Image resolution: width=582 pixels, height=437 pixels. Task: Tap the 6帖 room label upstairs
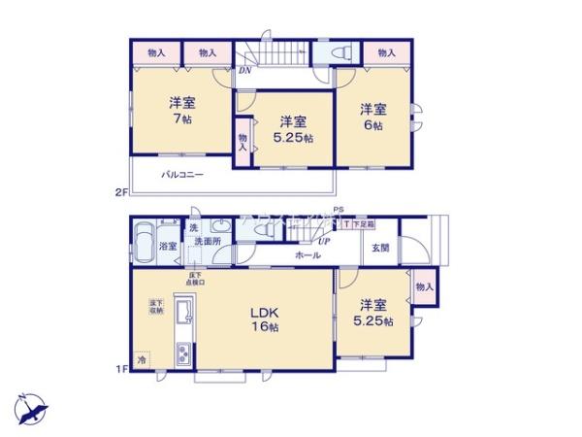(375, 117)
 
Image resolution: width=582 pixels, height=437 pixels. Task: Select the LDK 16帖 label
(266, 321)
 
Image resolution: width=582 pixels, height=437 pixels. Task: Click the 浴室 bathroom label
(168, 247)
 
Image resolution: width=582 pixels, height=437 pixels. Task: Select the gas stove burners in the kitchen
(183, 355)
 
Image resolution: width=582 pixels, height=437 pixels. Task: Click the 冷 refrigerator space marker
(142, 360)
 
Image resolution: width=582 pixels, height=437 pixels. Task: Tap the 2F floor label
(120, 192)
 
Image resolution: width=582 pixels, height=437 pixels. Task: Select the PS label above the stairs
(339, 209)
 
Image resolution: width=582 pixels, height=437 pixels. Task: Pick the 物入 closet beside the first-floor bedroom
(424, 286)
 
